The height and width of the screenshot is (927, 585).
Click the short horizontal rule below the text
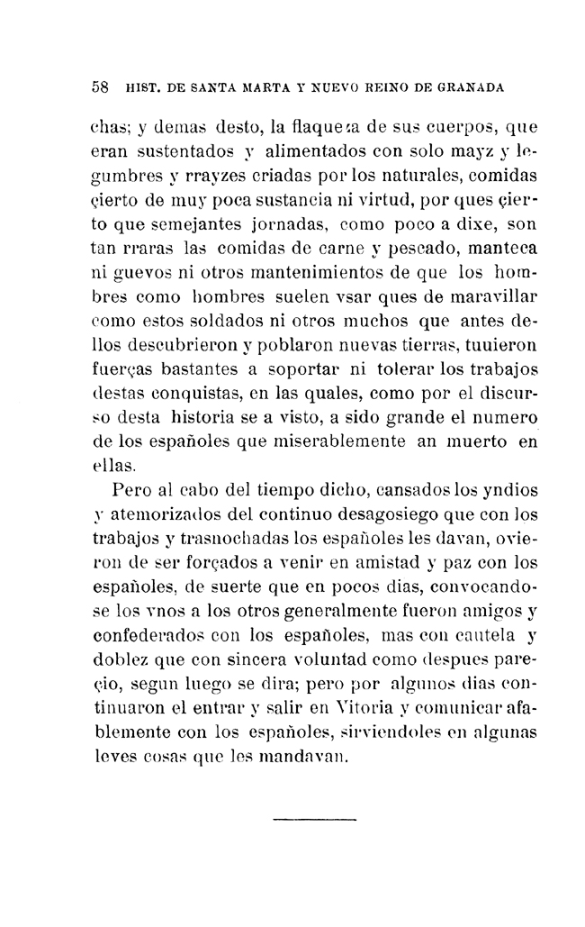click(x=315, y=821)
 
